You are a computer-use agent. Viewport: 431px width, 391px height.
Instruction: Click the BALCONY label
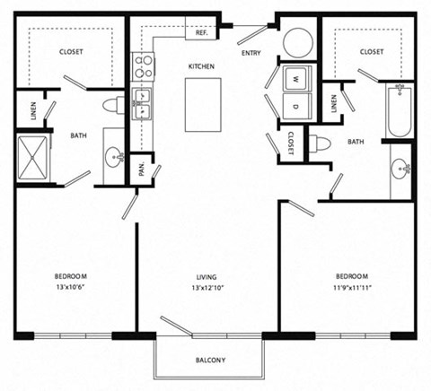(x=210, y=361)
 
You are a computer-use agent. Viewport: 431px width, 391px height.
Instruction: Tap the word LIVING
(x=209, y=275)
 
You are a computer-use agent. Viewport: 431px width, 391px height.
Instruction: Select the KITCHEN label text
(x=201, y=67)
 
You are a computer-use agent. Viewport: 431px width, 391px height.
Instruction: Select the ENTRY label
(x=251, y=54)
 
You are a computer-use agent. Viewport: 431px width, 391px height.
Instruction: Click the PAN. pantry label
(x=143, y=167)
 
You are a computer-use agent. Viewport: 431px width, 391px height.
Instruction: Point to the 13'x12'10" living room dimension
(x=209, y=289)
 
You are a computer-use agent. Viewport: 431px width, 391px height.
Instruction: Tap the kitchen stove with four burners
(x=142, y=65)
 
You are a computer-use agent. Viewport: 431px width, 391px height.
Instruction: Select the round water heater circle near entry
(x=297, y=41)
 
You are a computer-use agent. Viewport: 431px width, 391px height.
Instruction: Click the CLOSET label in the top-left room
(x=71, y=52)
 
